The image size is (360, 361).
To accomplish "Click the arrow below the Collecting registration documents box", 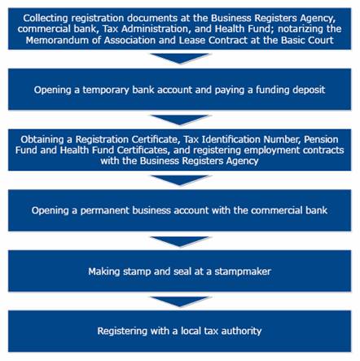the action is (x=180, y=59).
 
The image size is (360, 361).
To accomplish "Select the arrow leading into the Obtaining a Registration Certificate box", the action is (x=180, y=120).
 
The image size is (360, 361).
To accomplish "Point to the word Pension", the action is (x=321, y=139).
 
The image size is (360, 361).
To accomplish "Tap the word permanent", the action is (x=105, y=211).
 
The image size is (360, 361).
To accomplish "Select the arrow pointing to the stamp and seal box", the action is (x=180, y=241).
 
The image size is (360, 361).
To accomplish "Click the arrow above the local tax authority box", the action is (x=180, y=302).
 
